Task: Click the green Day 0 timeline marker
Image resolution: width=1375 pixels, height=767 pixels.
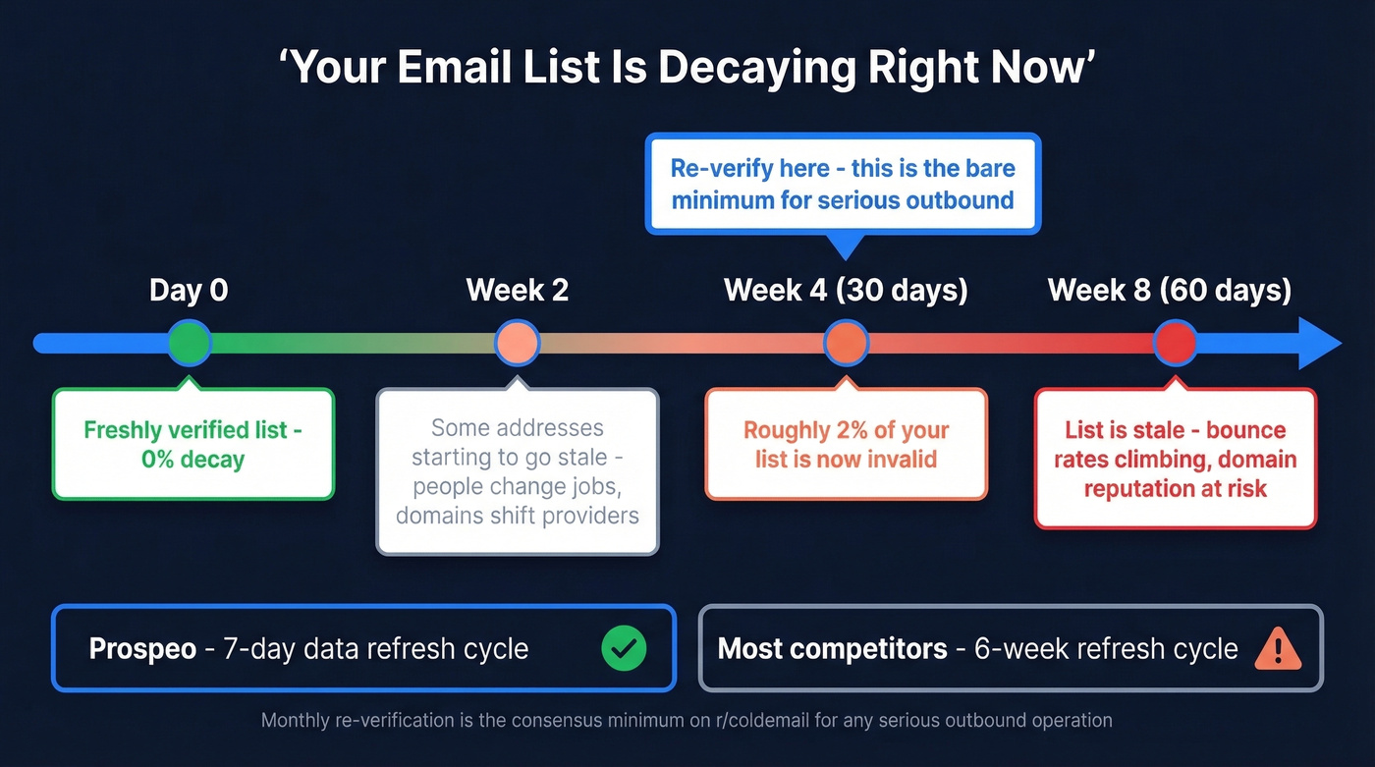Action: tap(189, 343)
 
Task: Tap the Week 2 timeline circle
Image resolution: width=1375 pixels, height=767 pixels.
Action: tap(518, 343)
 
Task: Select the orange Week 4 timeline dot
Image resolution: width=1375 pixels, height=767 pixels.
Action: tap(846, 343)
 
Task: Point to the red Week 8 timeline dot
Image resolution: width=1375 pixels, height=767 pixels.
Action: tap(1175, 343)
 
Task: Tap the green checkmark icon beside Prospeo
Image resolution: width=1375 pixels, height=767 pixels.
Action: tap(624, 649)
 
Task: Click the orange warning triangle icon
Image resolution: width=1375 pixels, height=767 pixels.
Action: tap(1278, 649)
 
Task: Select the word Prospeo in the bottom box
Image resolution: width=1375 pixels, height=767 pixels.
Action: tap(142, 649)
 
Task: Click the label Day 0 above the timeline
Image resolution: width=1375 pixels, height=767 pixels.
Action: tap(189, 291)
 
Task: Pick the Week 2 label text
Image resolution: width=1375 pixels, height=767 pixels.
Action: tap(518, 291)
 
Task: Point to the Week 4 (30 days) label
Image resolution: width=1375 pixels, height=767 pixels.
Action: tap(846, 291)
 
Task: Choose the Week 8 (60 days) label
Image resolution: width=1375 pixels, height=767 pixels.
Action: tap(1170, 291)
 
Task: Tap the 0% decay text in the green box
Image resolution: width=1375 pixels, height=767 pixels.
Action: tap(192, 459)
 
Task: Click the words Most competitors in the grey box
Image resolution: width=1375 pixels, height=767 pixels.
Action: tap(832, 649)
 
